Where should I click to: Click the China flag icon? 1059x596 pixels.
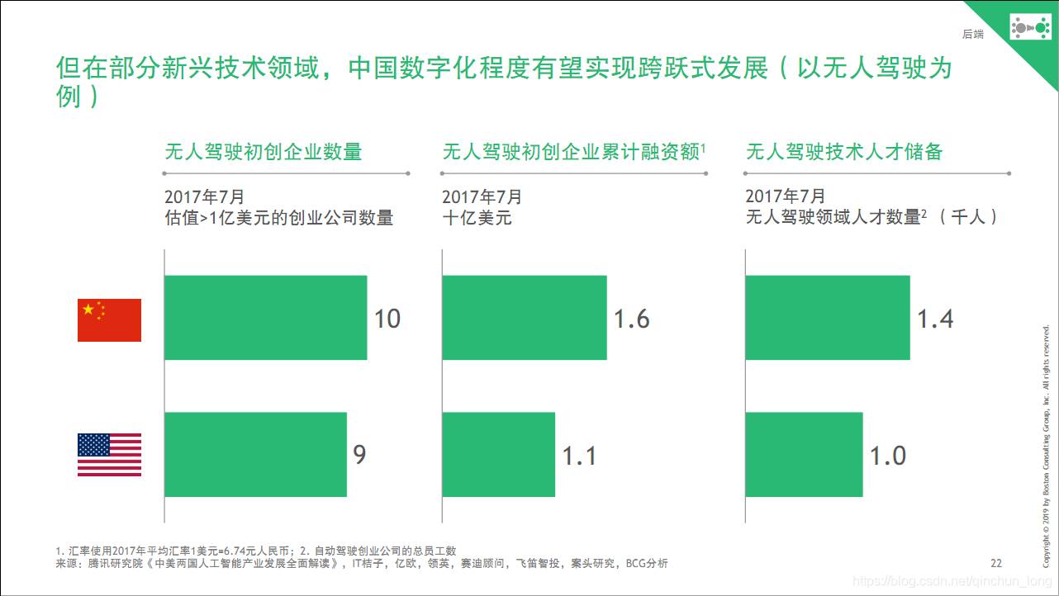(x=109, y=320)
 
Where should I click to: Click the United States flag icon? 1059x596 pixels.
(x=109, y=455)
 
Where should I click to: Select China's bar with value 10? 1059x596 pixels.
(x=265, y=318)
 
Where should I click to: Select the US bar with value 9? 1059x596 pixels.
(x=255, y=455)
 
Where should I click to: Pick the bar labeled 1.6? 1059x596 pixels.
(x=525, y=318)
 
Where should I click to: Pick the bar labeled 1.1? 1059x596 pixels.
(x=499, y=455)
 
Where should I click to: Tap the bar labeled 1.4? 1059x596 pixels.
(x=828, y=318)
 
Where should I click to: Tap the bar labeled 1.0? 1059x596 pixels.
(x=804, y=455)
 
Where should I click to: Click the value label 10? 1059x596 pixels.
(x=387, y=319)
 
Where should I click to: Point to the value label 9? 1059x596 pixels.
(x=359, y=455)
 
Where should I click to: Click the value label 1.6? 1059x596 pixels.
(x=631, y=319)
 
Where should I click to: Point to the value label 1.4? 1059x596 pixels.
(x=935, y=319)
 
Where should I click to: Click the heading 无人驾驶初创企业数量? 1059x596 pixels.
(x=264, y=152)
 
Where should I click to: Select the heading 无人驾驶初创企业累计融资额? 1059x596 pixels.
(x=572, y=152)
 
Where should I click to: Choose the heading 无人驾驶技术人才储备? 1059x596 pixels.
(x=844, y=152)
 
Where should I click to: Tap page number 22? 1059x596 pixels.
(x=995, y=564)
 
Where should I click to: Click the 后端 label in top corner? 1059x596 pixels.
(x=973, y=34)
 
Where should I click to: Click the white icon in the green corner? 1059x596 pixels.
(x=1029, y=29)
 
